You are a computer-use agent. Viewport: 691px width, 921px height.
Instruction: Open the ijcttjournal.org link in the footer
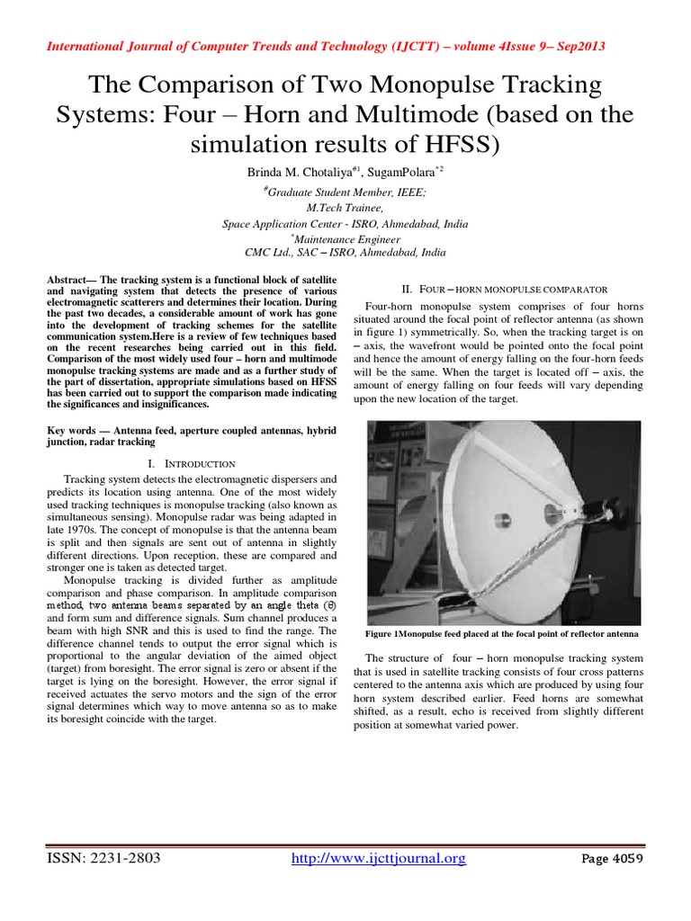(x=380, y=859)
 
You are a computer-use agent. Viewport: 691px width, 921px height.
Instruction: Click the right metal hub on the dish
(x=551, y=514)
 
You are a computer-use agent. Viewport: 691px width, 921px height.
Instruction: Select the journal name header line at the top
(x=345, y=47)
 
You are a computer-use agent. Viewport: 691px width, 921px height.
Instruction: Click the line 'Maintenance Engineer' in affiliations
(x=345, y=238)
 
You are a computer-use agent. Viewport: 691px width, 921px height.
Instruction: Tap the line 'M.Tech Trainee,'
(x=345, y=208)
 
